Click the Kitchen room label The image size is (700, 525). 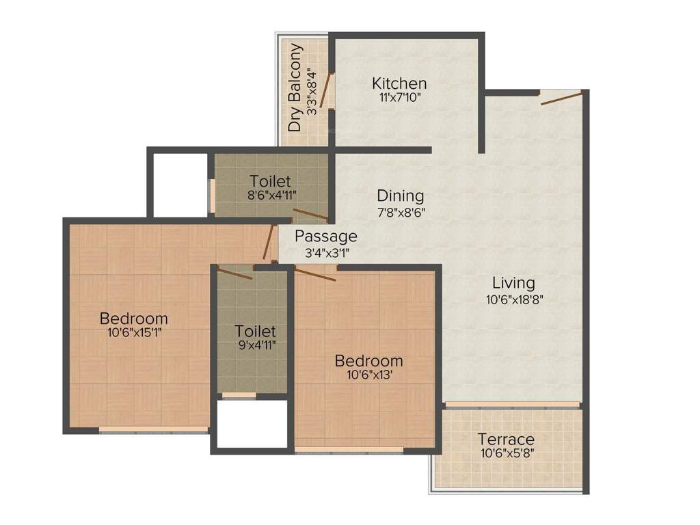click(x=399, y=83)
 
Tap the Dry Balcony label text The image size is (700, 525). click(x=295, y=88)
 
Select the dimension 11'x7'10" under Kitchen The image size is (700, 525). click(x=399, y=98)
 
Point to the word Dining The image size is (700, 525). click(x=401, y=196)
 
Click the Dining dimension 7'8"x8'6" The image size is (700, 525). click(x=401, y=211)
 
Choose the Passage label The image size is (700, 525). click(x=326, y=237)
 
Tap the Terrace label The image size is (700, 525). click(x=506, y=439)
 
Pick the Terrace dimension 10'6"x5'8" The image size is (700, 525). click(x=506, y=453)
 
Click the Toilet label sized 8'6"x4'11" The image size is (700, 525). click(x=270, y=182)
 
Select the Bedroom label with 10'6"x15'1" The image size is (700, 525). click(x=134, y=319)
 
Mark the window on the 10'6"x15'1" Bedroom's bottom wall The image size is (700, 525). click(x=154, y=430)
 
